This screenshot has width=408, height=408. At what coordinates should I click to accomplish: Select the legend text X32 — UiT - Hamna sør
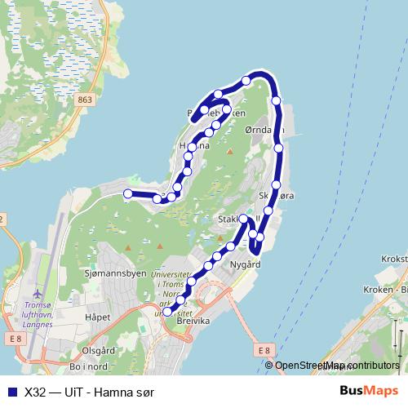click(x=90, y=392)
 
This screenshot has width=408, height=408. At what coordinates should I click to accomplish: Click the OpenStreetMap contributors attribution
click(x=336, y=366)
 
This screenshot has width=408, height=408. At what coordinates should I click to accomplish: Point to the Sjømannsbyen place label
click(x=109, y=275)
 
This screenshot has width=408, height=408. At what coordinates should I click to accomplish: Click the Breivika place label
click(x=194, y=322)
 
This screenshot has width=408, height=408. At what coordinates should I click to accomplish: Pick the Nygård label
click(x=245, y=264)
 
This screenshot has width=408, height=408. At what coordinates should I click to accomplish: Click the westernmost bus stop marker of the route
click(x=127, y=193)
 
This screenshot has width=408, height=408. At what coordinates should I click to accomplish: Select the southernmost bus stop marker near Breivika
click(x=167, y=311)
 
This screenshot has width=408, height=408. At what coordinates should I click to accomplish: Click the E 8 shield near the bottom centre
click(x=262, y=350)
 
